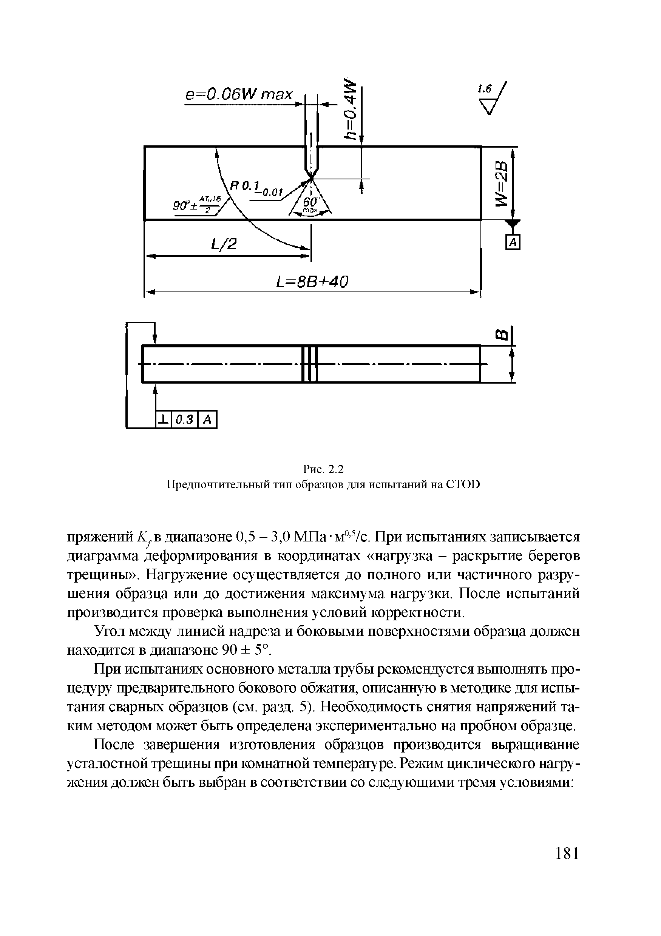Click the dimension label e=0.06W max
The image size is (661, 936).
pos(239,95)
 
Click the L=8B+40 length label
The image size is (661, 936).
pos(312,282)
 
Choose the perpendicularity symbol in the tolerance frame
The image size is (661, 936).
pos(163,419)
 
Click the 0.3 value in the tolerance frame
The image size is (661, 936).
pos(185,419)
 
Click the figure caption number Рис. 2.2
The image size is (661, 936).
pos(323,470)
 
